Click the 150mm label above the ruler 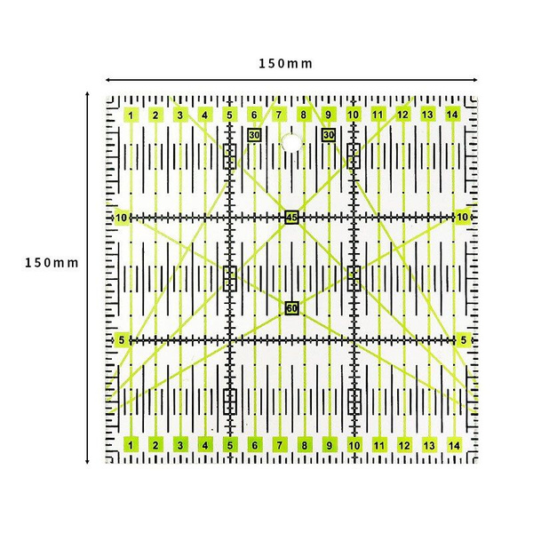[x=285, y=64]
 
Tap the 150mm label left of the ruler [x=52, y=263]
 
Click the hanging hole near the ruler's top [x=291, y=143]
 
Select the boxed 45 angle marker [x=291, y=218]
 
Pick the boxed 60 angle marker [x=292, y=308]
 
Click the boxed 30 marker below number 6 [x=254, y=135]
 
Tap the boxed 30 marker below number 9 [x=329, y=135]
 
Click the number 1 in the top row [x=131, y=115]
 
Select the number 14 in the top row [x=452, y=115]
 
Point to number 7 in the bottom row [x=280, y=445]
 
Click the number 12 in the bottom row [x=404, y=445]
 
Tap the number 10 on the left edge [x=122, y=218]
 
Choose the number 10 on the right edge [x=462, y=217]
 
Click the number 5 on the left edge [x=122, y=340]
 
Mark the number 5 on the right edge [x=464, y=340]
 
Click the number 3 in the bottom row [x=180, y=445]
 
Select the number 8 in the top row [x=303, y=115]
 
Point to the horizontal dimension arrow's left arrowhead [x=107, y=80]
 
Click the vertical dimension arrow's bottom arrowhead [x=87, y=462]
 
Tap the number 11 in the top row [x=378, y=115]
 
